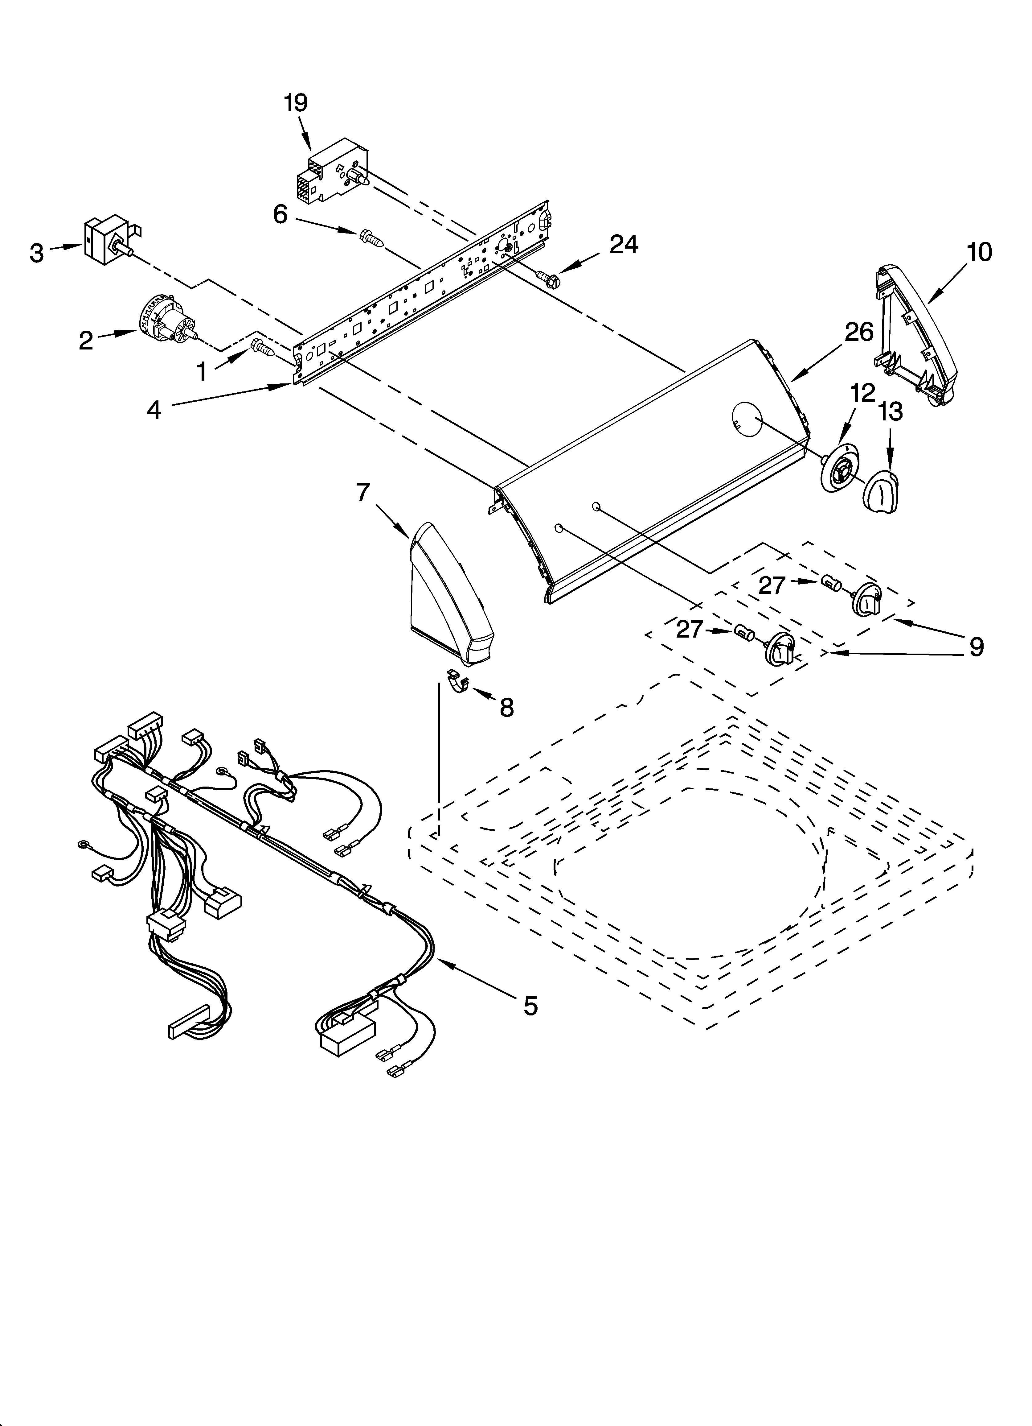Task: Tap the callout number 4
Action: (154, 410)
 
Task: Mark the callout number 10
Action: (979, 251)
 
